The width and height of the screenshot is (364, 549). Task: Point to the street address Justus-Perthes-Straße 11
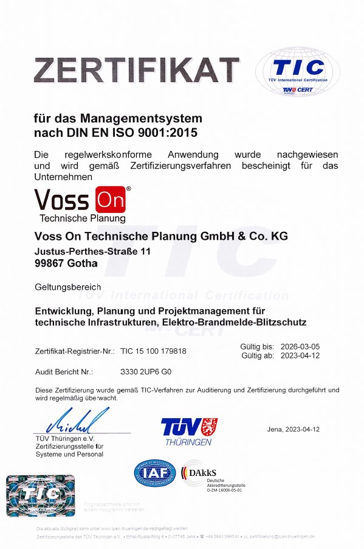tap(92, 250)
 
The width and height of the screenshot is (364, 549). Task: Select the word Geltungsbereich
tap(68, 287)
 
